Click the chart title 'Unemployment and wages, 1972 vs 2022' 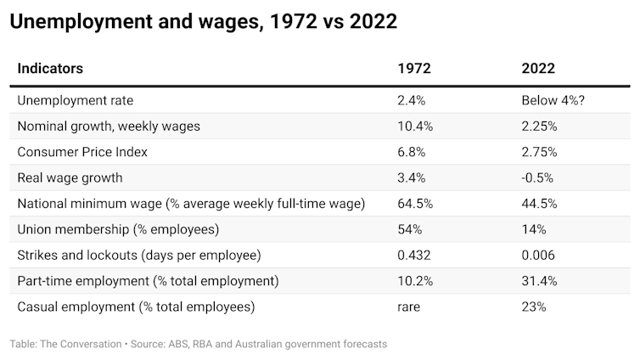[203, 22]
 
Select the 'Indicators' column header [51, 69]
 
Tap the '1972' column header [414, 69]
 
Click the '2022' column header [538, 69]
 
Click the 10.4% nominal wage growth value [416, 127]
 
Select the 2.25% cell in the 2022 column [540, 127]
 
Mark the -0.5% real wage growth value [538, 177]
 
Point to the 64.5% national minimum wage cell [416, 204]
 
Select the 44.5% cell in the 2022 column [540, 204]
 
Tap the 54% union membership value [409, 229]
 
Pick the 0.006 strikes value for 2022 [539, 255]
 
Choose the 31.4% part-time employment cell [540, 281]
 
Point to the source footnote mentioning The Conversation [199, 344]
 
